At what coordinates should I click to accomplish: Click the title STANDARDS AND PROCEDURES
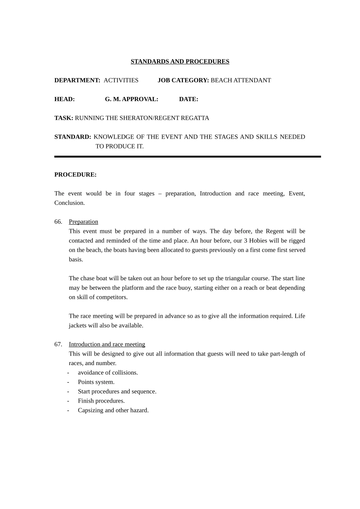click(x=180, y=61)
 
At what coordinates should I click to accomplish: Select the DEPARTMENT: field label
click(x=77, y=80)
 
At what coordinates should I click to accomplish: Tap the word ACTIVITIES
click(x=121, y=80)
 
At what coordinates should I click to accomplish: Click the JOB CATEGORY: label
click(x=183, y=80)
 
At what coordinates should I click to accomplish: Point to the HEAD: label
click(x=64, y=99)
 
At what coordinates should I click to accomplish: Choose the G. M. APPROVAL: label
click(x=131, y=99)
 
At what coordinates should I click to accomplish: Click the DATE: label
click(x=188, y=99)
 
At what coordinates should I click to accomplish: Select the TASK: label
click(x=64, y=118)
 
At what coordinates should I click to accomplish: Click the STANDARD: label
click(x=73, y=137)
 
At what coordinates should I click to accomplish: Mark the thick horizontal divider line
click(x=187, y=156)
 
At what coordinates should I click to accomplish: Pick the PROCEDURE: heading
click(x=75, y=175)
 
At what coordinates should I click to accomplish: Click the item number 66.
click(x=58, y=222)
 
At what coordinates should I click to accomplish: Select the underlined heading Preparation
click(x=83, y=222)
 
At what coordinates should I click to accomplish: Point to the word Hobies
click(x=258, y=240)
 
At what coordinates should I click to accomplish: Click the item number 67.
click(x=58, y=344)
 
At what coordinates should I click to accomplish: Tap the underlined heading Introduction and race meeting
click(x=107, y=344)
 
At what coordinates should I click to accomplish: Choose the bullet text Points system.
click(x=96, y=382)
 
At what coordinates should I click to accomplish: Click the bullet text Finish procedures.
click(x=101, y=401)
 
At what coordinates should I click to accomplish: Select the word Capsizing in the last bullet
click(x=91, y=410)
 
